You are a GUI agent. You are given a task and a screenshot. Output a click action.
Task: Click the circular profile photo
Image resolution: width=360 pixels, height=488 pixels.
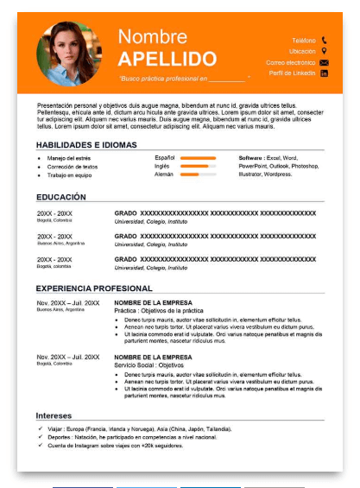[69, 54]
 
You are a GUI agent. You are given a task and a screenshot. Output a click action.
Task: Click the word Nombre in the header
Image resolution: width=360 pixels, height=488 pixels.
[153, 36]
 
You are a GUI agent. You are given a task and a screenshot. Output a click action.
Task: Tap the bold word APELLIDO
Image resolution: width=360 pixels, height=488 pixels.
[167, 59]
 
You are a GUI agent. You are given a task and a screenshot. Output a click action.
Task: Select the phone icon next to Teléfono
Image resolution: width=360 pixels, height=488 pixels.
[324, 40]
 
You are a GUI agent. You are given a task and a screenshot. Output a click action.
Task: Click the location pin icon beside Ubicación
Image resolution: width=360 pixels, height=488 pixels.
[324, 51]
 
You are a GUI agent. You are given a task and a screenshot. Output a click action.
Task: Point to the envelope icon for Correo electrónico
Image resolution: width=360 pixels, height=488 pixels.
[324, 62]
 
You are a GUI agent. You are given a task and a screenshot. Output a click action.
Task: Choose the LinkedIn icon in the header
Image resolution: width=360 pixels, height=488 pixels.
[324, 73]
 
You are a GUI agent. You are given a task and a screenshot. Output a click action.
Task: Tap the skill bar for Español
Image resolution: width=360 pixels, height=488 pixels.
[199, 158]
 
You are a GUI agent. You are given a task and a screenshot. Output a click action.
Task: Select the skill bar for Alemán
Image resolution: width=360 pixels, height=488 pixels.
[199, 174]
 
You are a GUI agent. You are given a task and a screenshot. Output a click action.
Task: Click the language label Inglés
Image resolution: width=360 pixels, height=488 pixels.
[162, 166]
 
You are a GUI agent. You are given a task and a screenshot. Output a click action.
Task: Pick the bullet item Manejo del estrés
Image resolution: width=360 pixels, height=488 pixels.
[70, 158]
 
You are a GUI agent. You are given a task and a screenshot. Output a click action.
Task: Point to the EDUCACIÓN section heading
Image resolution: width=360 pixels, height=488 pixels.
[61, 197]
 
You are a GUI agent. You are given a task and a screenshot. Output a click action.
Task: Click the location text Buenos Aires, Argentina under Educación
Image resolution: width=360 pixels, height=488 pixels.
[61, 244]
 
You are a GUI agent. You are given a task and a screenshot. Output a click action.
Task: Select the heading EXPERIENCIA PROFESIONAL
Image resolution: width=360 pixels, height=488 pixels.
[94, 288]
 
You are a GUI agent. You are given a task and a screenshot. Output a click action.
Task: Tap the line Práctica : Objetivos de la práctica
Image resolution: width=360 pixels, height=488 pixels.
[159, 310]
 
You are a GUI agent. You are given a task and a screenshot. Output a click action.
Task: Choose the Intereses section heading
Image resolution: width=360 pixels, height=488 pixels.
[54, 415]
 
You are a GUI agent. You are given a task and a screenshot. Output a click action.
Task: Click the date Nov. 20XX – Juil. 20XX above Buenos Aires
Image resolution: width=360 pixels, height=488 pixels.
[68, 303]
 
